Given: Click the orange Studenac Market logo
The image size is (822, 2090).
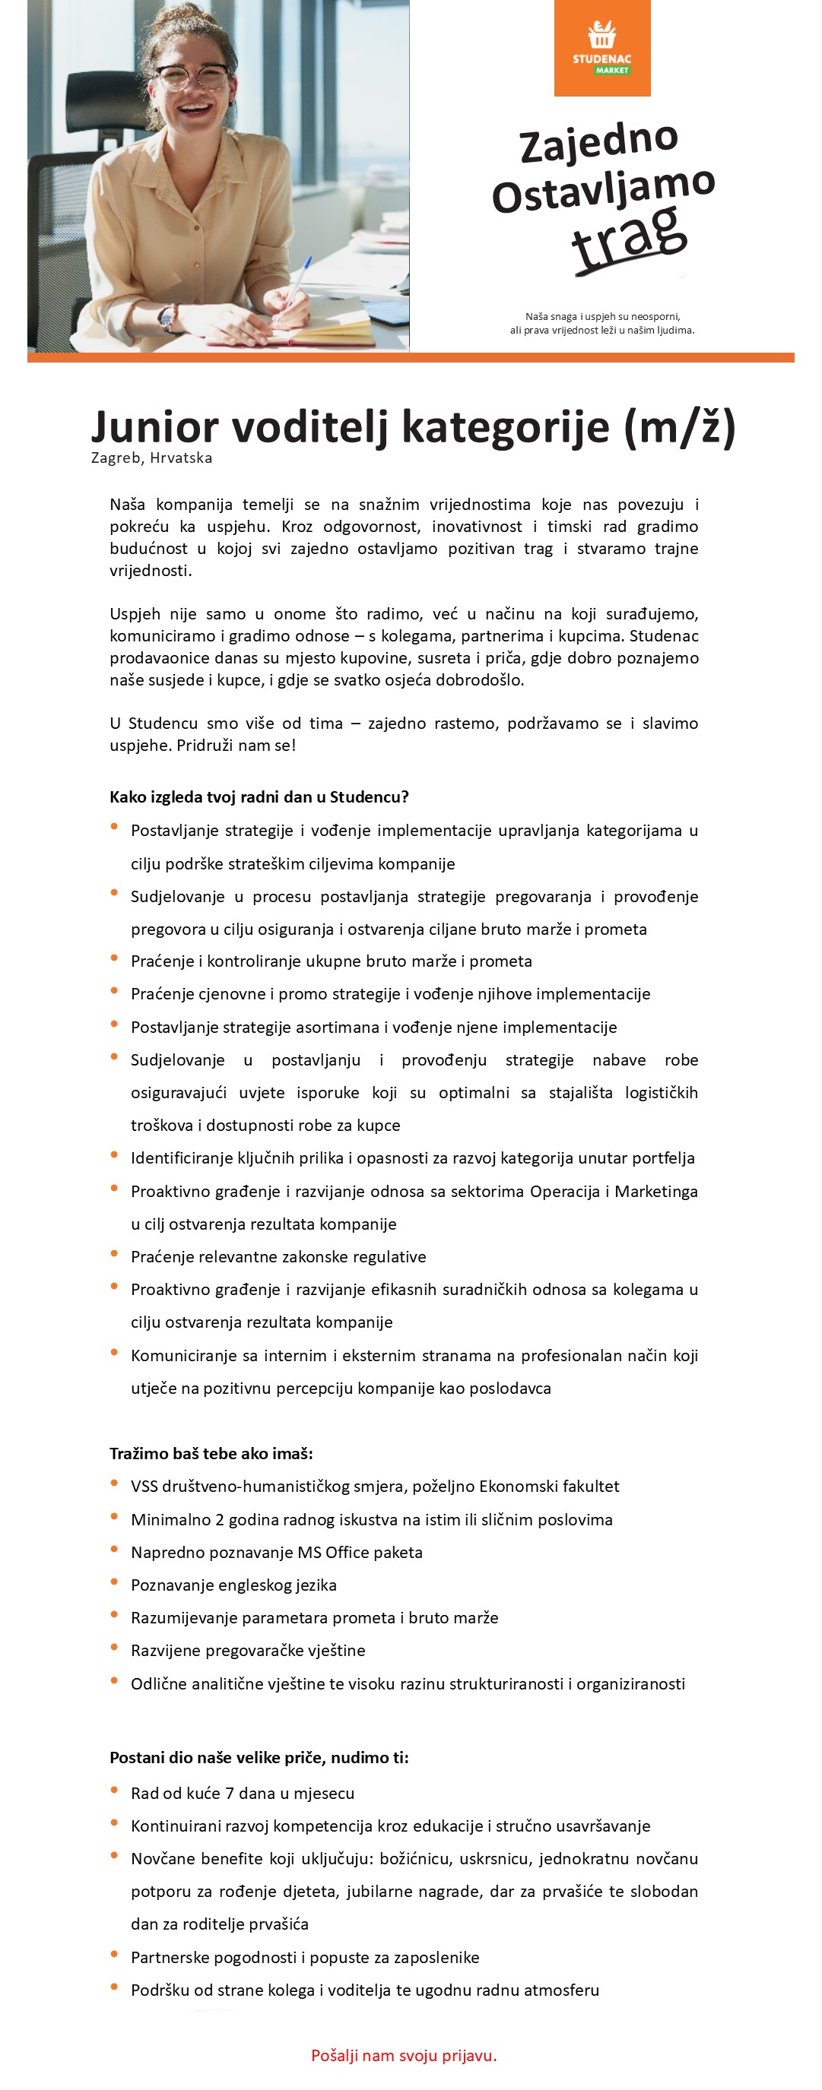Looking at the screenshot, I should point(602,48).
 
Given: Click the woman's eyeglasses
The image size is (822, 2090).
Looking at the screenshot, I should point(192,78).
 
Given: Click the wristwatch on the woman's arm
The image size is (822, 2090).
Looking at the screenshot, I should point(168,318).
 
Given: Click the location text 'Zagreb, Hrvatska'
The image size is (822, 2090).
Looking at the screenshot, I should point(152,458).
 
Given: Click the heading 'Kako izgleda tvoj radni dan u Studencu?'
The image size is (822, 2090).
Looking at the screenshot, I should point(259,796).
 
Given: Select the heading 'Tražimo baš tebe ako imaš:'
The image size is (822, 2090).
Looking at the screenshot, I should point(211,1453).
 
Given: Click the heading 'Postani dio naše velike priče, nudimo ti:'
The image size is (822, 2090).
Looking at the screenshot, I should point(259,1757).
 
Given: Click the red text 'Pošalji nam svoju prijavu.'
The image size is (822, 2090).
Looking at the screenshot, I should point(403,2055).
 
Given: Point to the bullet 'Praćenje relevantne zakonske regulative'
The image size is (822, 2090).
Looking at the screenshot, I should point(278,1257).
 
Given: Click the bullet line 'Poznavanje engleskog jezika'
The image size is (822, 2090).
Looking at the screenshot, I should point(233,1585).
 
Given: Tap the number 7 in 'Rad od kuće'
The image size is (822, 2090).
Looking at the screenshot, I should point(230,1793).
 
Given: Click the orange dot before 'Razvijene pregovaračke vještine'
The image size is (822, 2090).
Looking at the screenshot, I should point(114,1648).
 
